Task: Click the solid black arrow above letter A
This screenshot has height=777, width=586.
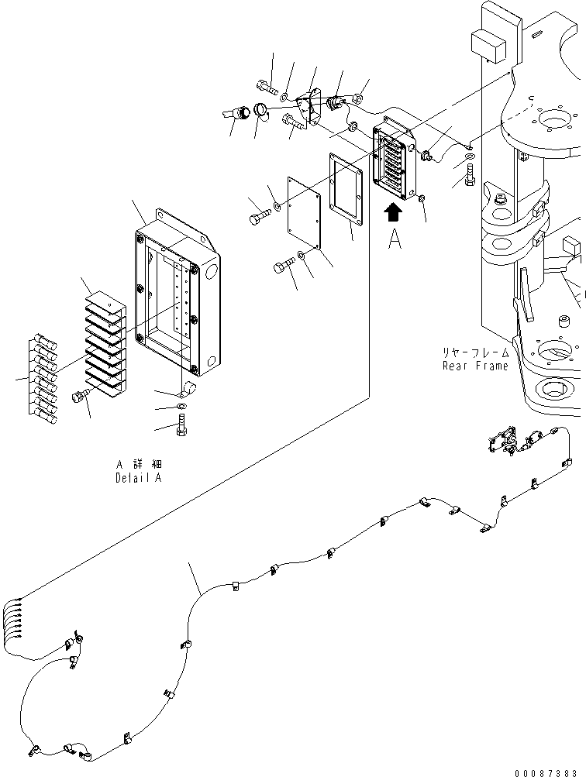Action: point(394,213)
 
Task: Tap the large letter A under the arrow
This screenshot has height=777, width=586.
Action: point(395,241)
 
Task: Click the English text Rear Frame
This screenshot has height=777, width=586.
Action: point(475,366)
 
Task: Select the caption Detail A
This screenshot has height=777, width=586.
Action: point(140,478)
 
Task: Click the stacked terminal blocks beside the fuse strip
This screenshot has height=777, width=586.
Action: point(103,341)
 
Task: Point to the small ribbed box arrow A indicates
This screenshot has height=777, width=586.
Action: point(396,156)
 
